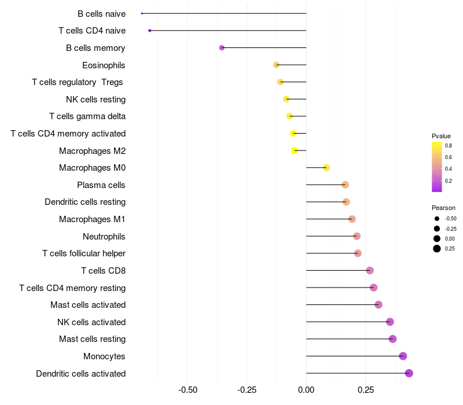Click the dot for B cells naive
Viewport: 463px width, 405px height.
pos(142,13)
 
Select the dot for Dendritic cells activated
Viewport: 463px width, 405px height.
pos(409,373)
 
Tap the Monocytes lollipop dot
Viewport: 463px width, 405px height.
pos(403,356)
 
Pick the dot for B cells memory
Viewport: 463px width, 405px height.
pos(222,47)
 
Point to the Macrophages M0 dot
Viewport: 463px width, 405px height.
pos(326,168)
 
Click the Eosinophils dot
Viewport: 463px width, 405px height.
pos(276,65)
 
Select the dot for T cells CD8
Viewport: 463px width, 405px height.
pos(370,270)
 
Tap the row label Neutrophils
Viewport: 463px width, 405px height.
pos(104,236)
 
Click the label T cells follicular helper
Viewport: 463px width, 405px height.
pos(84,253)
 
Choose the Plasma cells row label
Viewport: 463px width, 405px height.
pos(101,185)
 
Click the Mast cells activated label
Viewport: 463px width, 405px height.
pos(88,305)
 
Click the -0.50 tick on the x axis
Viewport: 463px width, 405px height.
pos(188,390)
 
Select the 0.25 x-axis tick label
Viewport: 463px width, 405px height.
pos(365,390)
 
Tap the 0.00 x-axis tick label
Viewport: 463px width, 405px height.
pos(306,390)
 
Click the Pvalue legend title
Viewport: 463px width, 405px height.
pos(441,136)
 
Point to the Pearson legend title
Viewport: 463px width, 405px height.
pos(443,208)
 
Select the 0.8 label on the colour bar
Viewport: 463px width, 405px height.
pos(449,146)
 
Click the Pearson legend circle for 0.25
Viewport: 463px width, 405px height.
pos(436,249)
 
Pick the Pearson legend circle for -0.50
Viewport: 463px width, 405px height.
pos(436,219)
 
